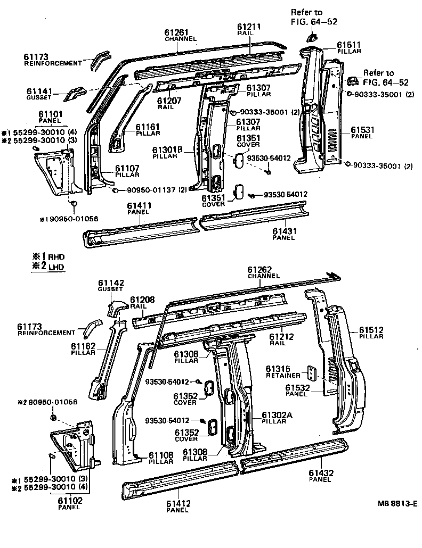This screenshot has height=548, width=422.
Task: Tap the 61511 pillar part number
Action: pos(349,45)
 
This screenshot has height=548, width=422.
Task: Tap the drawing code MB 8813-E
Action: pos(397,503)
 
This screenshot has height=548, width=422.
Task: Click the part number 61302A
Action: pos(277,414)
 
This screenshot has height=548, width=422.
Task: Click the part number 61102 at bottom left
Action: pos(69,501)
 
